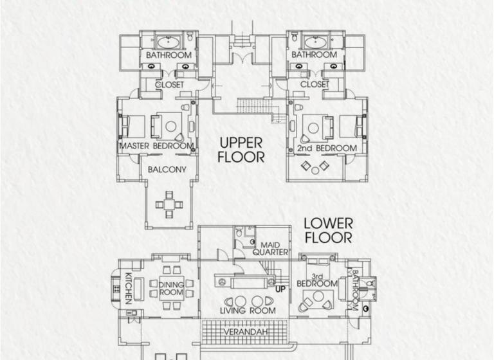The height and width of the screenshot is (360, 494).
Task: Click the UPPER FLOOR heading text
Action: tap(241, 150)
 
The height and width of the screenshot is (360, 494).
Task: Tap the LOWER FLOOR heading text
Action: tap(328, 231)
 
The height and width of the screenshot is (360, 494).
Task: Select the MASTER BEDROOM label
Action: tap(156, 146)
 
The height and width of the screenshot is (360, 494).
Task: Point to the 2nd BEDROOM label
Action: tap(327, 148)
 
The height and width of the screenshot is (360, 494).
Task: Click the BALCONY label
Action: tap(167, 170)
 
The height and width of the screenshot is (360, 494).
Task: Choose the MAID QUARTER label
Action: tap(270, 249)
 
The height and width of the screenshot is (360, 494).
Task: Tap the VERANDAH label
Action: tap(246, 332)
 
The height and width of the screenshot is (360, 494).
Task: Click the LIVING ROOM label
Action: tap(248, 310)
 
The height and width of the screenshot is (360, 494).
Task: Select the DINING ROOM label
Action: tap(171, 288)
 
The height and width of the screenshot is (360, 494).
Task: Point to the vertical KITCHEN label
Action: tap(128, 288)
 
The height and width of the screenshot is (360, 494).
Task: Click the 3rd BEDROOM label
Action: tap(317, 280)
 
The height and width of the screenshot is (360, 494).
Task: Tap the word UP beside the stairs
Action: tap(280, 289)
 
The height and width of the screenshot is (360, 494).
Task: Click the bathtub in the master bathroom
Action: tap(169, 42)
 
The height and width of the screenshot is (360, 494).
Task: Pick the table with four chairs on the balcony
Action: tap(169, 204)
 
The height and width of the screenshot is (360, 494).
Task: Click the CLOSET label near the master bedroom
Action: tap(170, 85)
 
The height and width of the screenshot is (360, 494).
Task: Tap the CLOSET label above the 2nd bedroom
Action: tap(315, 84)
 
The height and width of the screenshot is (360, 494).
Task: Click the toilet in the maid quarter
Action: tap(239, 233)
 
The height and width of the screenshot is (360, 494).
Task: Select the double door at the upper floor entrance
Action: tap(242, 58)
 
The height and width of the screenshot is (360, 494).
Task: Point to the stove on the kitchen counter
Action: tap(116, 289)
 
